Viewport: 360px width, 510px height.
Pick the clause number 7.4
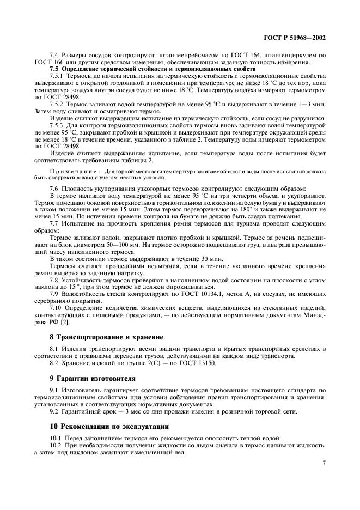click(x=55, y=56)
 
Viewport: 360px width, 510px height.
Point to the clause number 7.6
click(x=55, y=187)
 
